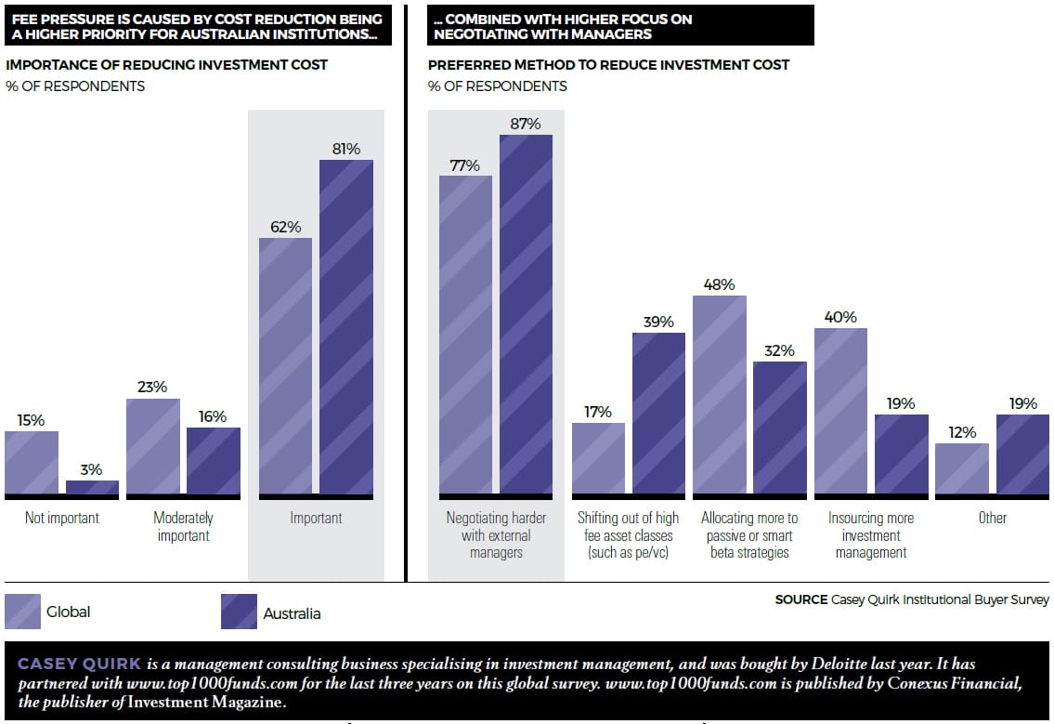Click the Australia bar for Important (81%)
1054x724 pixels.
click(x=346, y=326)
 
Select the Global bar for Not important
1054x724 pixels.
click(x=32, y=462)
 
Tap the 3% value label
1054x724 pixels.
click(x=92, y=469)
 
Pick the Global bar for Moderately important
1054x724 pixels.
click(x=153, y=446)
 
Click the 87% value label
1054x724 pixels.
click(x=526, y=124)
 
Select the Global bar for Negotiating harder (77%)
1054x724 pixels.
click(x=465, y=335)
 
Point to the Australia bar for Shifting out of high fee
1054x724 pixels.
click(x=658, y=413)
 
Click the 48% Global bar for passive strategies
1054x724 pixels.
click(x=720, y=394)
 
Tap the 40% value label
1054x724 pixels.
click(x=840, y=317)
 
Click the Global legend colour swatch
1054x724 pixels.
click(x=22, y=612)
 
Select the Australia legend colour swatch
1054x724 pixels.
click(x=239, y=612)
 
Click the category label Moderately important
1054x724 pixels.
click(x=183, y=527)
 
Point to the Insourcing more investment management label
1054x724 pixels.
click(x=871, y=535)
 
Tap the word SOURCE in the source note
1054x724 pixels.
click(x=800, y=599)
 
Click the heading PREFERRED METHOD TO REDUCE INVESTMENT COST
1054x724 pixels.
click(x=608, y=65)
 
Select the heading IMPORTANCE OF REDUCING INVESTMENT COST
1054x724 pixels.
click(x=167, y=65)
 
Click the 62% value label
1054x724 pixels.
click(x=286, y=227)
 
